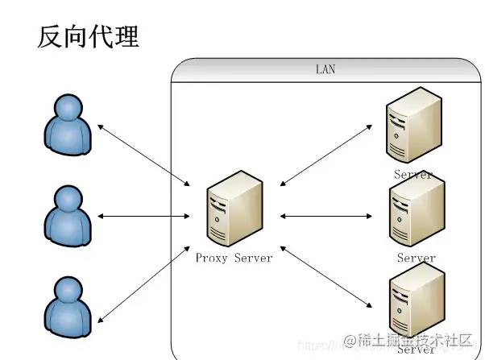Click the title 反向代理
click(89, 36)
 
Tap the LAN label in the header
click(325, 70)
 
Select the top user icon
click(66, 125)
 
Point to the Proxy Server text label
click(234, 258)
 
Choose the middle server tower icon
click(416, 211)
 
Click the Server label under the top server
click(413, 174)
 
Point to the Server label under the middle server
click(417, 258)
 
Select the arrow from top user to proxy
click(143, 153)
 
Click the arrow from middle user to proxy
click(143, 216)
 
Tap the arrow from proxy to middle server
click(326, 216)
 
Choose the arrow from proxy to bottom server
click(326, 278)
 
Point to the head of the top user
click(66, 109)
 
